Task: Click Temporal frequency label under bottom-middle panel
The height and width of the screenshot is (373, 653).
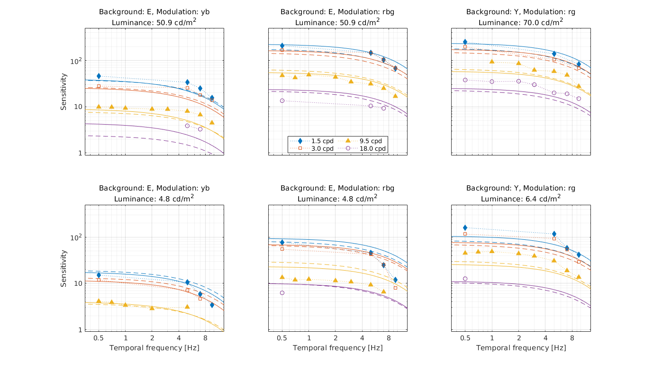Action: tap(337, 348)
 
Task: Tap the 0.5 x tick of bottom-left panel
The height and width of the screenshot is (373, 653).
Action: tap(99, 338)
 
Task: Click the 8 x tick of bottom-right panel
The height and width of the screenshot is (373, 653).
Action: tap(572, 338)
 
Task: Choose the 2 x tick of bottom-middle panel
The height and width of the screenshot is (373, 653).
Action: tap(336, 338)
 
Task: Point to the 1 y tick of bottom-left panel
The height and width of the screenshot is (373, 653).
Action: tap(80, 330)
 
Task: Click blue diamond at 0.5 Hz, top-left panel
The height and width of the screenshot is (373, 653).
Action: tap(99, 76)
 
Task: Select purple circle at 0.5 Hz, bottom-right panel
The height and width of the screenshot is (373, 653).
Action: tap(465, 279)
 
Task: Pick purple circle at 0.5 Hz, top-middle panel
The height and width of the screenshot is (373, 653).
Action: tap(282, 100)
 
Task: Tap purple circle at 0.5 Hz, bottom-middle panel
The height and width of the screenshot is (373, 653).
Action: tap(282, 293)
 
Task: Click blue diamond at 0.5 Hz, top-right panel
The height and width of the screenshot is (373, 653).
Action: tap(465, 42)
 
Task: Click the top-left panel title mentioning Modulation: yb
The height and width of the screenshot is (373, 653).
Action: tap(154, 12)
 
